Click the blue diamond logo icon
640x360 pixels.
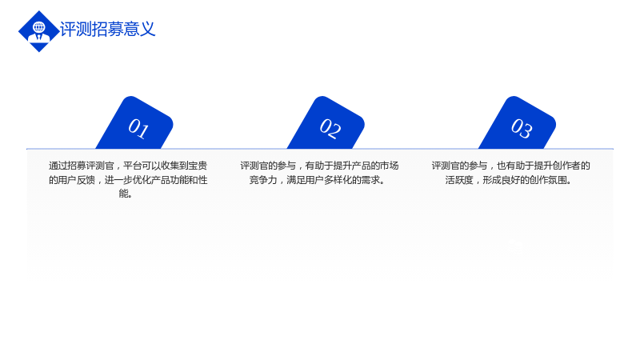tap(38, 31)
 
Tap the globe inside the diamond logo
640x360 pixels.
tap(39, 27)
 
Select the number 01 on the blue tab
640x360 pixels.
tap(138, 128)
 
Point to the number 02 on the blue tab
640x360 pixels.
tap(330, 128)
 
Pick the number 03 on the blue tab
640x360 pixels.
tap(522, 128)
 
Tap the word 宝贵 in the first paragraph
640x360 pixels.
tap(198, 166)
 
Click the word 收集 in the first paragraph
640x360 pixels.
tap(170, 166)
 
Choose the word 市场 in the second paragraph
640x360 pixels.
tap(390, 166)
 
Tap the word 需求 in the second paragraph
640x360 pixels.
tap(370, 180)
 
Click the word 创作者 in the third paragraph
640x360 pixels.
tap(567, 166)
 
